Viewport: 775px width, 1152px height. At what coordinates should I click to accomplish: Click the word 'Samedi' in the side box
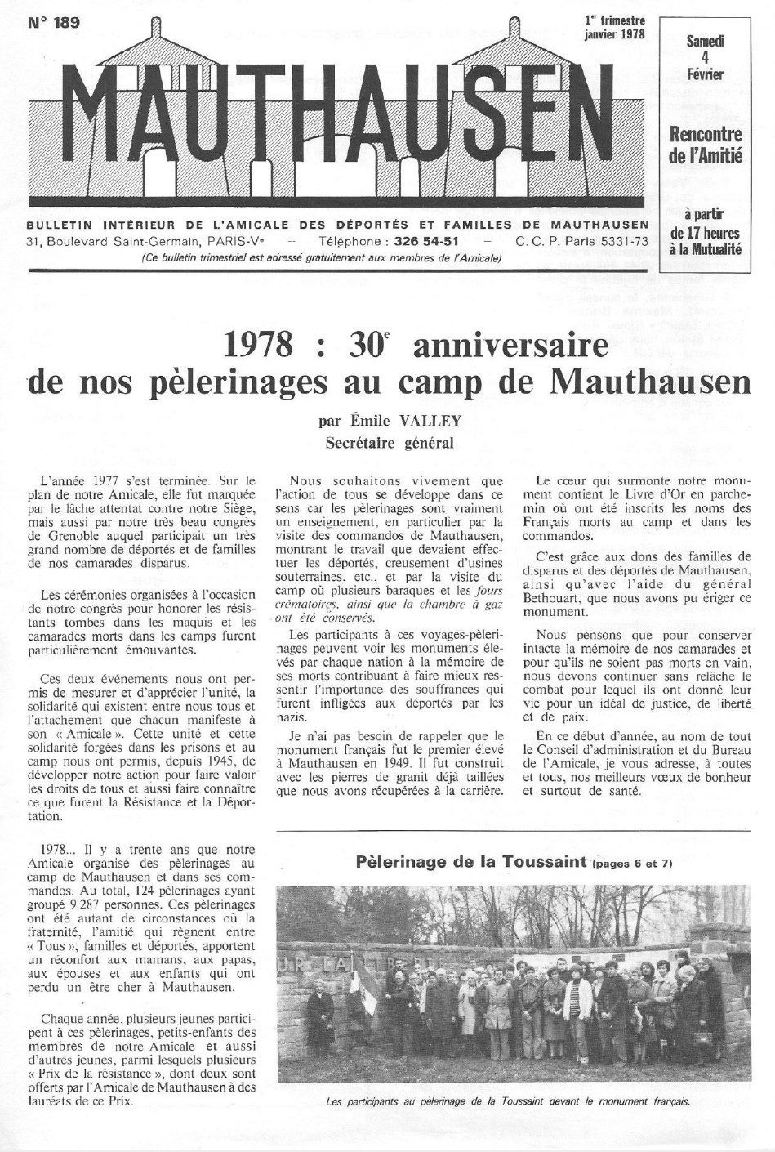click(x=706, y=41)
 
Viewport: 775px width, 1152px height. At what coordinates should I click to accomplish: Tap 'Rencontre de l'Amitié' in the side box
click(x=706, y=144)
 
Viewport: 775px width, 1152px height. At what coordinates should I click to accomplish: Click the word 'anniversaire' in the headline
click(x=511, y=346)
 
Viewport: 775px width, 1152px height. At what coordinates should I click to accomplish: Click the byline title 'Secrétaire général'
click(x=388, y=444)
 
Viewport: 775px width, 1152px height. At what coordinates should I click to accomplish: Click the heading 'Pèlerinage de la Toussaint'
click(x=473, y=861)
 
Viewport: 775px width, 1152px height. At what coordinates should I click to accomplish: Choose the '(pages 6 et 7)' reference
click(x=634, y=863)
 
